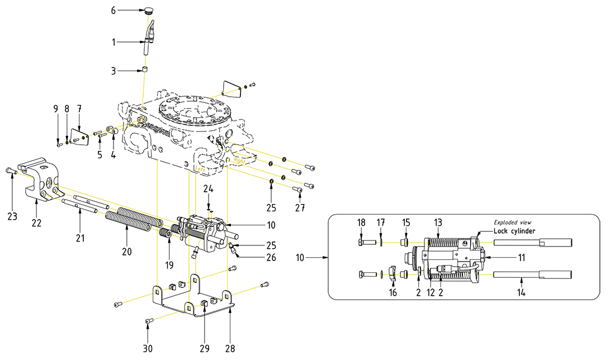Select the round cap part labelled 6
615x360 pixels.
coord(148,10)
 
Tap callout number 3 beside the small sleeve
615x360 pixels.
coord(113,71)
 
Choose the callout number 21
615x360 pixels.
coord(81,238)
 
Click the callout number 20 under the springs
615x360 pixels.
coord(127,252)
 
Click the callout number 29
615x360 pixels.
coord(204,348)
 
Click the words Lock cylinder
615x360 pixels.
coord(514,231)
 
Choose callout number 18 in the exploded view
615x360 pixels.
coord(361,222)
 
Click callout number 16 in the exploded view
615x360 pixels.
coord(393,292)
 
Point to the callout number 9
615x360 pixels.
coord(56,108)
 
